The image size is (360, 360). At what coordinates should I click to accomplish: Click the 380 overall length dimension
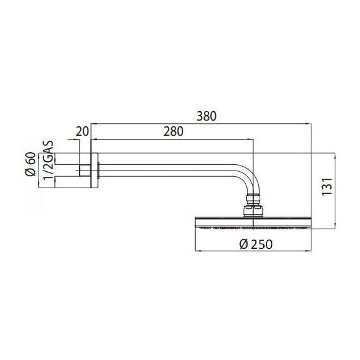pos(206,116)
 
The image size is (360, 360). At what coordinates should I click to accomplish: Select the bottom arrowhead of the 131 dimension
pos(334,225)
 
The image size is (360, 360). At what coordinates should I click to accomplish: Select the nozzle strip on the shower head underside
pos(253,225)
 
